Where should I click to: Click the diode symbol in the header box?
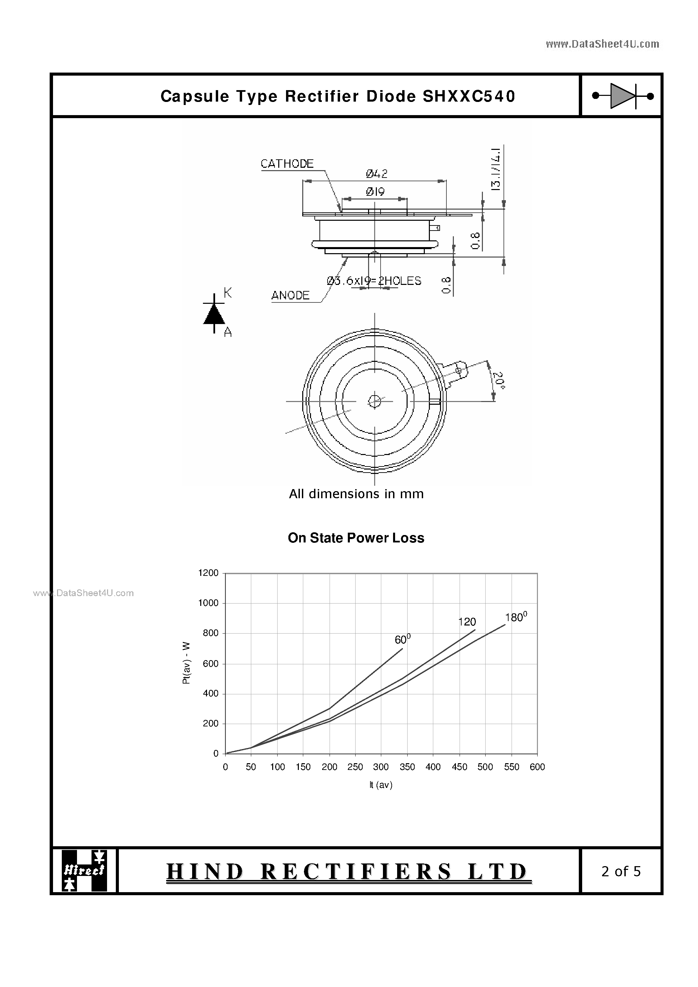[x=622, y=96]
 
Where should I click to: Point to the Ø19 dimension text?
[x=375, y=192]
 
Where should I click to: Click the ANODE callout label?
[x=290, y=295]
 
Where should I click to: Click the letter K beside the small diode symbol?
[x=228, y=293]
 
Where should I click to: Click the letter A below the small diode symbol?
[x=228, y=332]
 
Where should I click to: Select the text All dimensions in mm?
[x=356, y=494]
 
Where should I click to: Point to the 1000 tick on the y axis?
[x=208, y=603]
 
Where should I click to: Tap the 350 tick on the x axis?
[x=407, y=767]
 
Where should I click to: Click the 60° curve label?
[x=402, y=640]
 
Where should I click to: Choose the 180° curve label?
[x=516, y=617]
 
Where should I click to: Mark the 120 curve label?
[x=467, y=622]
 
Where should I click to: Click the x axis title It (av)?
[x=381, y=785]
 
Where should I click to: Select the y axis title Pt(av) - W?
[x=186, y=663]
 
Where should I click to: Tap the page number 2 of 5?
[x=621, y=871]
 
